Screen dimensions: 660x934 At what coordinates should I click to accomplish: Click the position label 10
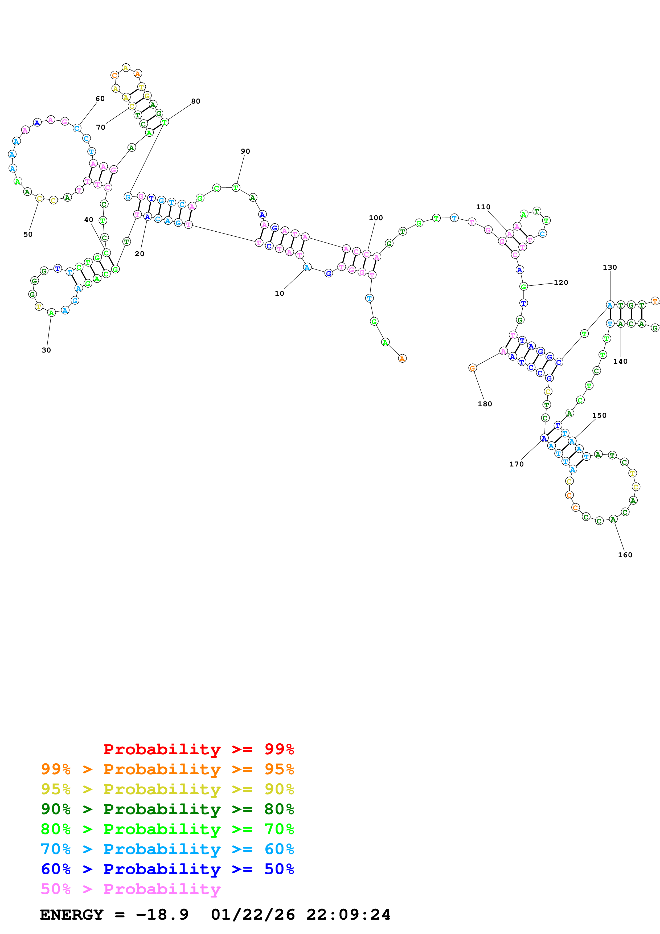pyautogui.click(x=279, y=293)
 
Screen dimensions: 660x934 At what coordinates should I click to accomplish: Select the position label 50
pyautogui.click(x=28, y=234)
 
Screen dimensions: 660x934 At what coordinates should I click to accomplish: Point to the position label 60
pyautogui.click(x=100, y=99)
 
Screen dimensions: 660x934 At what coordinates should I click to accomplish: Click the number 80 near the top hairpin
pyautogui.click(x=196, y=101)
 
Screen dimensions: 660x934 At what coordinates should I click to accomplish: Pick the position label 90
pyautogui.click(x=245, y=151)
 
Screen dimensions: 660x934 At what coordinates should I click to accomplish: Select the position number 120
pyautogui.click(x=561, y=282)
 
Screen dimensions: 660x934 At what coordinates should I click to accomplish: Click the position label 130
pyautogui.click(x=610, y=267)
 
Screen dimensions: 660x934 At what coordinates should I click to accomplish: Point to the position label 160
pyautogui.click(x=625, y=555)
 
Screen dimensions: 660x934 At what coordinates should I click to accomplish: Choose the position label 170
pyautogui.click(x=516, y=464)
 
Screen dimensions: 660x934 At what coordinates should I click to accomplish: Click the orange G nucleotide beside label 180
pyautogui.click(x=472, y=368)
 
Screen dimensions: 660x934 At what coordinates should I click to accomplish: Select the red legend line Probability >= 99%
pyautogui.click(x=198, y=749)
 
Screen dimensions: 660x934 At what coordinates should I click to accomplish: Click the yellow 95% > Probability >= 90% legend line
pyautogui.click(x=167, y=789)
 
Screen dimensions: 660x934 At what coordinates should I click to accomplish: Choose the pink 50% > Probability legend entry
pyautogui.click(x=130, y=889)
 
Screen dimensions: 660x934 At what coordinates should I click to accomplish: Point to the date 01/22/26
pyautogui.click(x=253, y=915)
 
